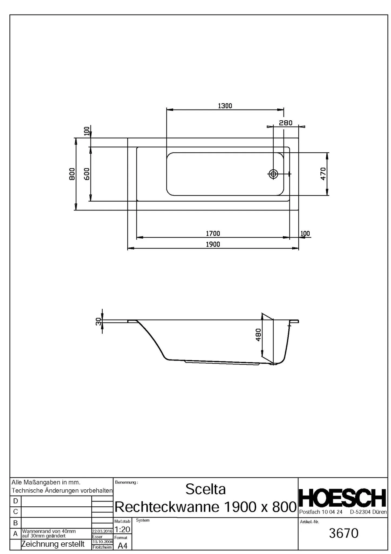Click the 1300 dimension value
click(225, 106)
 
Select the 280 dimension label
click(286, 123)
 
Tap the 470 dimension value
click(323, 174)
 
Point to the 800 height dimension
click(72, 174)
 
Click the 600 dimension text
click(86, 174)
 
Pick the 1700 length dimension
click(213, 233)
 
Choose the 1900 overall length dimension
click(213, 244)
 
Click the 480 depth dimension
click(258, 335)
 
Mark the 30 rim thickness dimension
click(99, 321)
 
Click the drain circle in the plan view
click(273, 174)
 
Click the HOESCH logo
click(343, 498)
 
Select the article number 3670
click(344, 533)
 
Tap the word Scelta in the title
click(205, 489)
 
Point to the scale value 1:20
click(123, 529)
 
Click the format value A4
click(123, 546)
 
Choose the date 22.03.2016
click(102, 531)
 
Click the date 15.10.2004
click(102, 542)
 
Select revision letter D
click(15, 501)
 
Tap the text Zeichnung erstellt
click(53, 544)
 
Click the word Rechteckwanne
click(167, 507)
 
